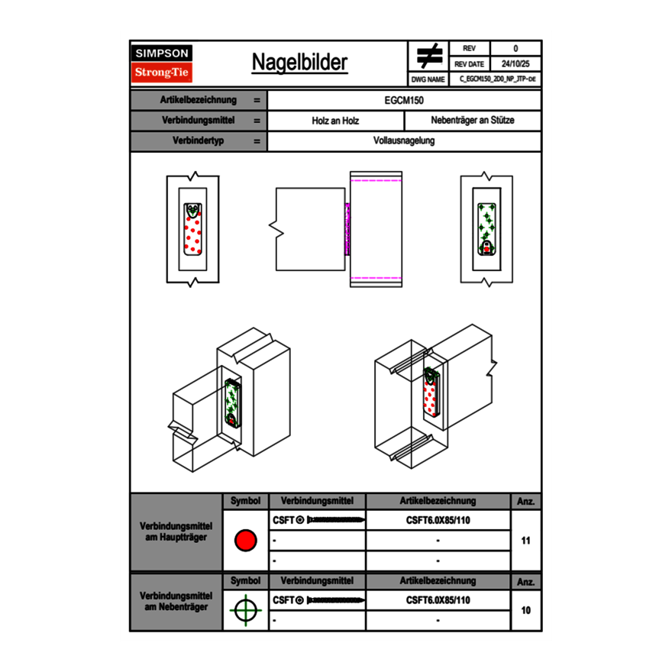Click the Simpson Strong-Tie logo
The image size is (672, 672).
162,63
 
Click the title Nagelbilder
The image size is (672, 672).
299,63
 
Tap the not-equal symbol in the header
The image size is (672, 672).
429,56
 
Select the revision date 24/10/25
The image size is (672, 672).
515,64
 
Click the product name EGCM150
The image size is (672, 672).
404,100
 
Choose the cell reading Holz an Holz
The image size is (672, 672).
335,121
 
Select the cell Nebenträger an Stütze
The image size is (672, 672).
472,121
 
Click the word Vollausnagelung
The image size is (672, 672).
404,141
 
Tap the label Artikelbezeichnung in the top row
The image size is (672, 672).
198,100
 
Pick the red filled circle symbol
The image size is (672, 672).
245,541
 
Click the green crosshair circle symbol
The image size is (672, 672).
245,610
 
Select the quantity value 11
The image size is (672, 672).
525,541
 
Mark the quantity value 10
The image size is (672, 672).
525,610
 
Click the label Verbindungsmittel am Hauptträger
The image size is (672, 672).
176,532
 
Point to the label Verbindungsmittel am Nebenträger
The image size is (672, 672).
176,601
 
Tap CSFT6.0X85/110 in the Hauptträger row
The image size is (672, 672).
438,520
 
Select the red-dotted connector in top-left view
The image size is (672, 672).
193,231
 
